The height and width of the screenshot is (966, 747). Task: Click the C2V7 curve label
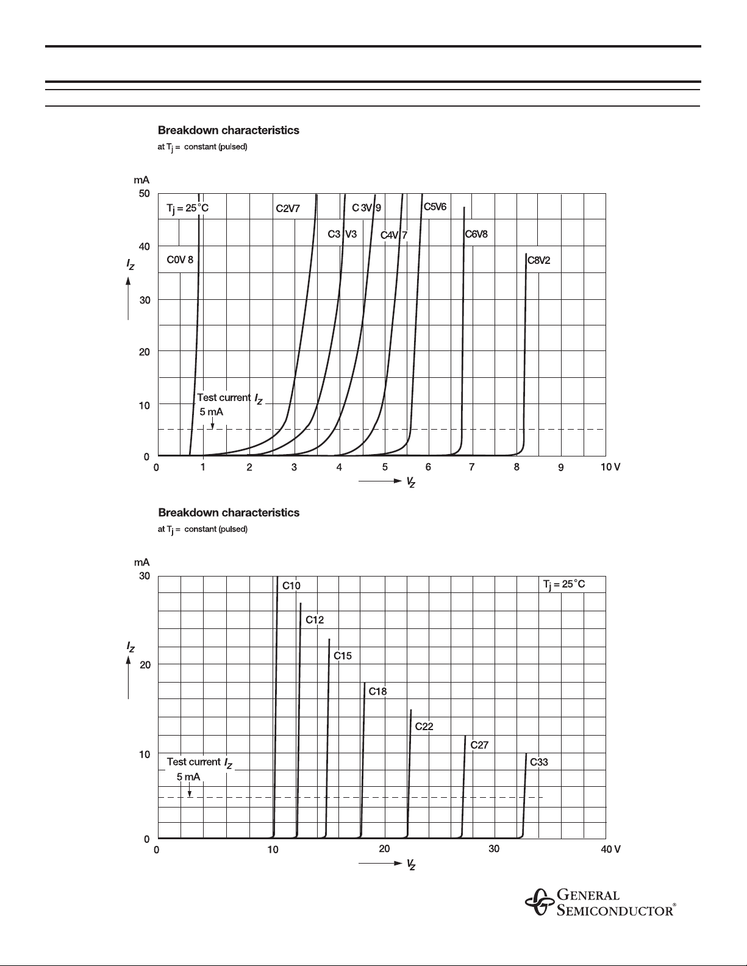pyautogui.click(x=288, y=208)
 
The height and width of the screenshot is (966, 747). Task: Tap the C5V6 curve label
pyautogui.click(x=435, y=207)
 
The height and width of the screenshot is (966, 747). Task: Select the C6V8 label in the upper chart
pyautogui.click(x=476, y=234)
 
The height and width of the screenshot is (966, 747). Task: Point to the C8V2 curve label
pyautogui.click(x=538, y=260)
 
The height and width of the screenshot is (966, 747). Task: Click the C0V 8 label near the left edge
pyautogui.click(x=180, y=260)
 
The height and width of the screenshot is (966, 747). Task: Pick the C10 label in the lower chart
pyautogui.click(x=291, y=586)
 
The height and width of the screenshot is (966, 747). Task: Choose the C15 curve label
pyautogui.click(x=342, y=656)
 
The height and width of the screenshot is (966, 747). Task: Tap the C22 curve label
pyautogui.click(x=424, y=726)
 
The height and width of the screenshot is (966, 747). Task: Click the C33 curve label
pyautogui.click(x=539, y=762)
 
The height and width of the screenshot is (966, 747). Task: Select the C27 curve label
pyautogui.click(x=479, y=745)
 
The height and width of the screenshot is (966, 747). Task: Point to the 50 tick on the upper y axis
pyautogui.click(x=144, y=194)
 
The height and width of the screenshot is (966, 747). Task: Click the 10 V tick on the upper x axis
pyautogui.click(x=610, y=467)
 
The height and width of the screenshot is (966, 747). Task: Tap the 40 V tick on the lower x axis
pyautogui.click(x=610, y=849)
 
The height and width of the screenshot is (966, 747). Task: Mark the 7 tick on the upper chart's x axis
pyautogui.click(x=472, y=467)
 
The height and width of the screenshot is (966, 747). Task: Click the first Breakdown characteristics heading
pyautogui.click(x=229, y=130)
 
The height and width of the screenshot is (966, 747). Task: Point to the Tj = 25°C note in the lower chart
pyautogui.click(x=564, y=584)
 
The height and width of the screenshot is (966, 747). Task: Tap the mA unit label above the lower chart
pyautogui.click(x=142, y=563)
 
